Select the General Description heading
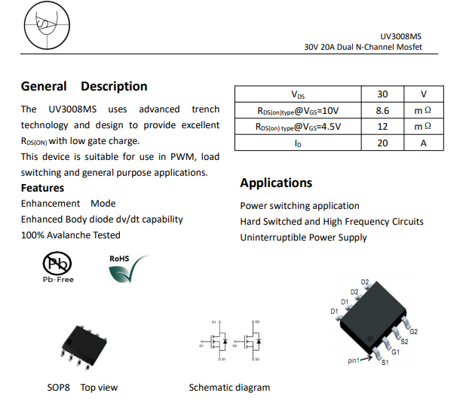(84, 86)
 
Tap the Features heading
(42, 188)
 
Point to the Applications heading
(276, 183)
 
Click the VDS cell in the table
(298, 95)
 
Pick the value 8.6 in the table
(382, 111)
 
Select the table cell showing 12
(382, 127)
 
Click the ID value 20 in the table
(382, 143)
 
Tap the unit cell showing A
(423, 143)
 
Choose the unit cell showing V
(423, 95)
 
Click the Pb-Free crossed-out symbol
(57, 264)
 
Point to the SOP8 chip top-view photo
(89, 345)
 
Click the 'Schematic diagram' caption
(229, 388)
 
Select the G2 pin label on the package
(413, 332)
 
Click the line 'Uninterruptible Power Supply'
(303, 238)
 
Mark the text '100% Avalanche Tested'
(70, 235)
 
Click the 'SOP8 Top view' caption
(82, 388)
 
